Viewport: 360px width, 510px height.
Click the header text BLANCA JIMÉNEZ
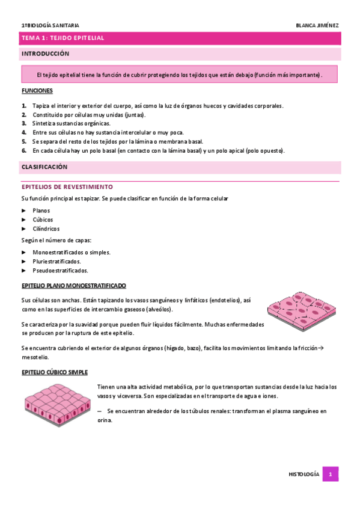[317, 25]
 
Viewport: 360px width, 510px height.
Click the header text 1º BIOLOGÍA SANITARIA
[50, 25]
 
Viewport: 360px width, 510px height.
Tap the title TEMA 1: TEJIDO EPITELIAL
[63, 38]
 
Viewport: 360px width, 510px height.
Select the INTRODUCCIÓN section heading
[46, 54]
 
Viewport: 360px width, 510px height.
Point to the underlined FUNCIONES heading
[37, 91]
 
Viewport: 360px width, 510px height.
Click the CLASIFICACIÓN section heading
[44, 167]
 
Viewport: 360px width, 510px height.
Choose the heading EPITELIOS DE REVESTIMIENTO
[67, 187]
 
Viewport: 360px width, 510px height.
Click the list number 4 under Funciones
[24, 132]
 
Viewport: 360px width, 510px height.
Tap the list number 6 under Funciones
[24, 150]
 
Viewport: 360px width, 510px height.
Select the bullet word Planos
[41, 210]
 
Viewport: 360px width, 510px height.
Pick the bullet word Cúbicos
[43, 220]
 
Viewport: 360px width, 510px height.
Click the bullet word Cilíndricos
[46, 229]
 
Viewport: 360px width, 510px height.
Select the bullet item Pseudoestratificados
[60, 271]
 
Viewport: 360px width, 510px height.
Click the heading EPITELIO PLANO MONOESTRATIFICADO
[73, 286]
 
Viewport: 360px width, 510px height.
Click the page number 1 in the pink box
[330, 475]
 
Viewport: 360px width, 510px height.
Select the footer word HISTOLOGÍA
[304, 475]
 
